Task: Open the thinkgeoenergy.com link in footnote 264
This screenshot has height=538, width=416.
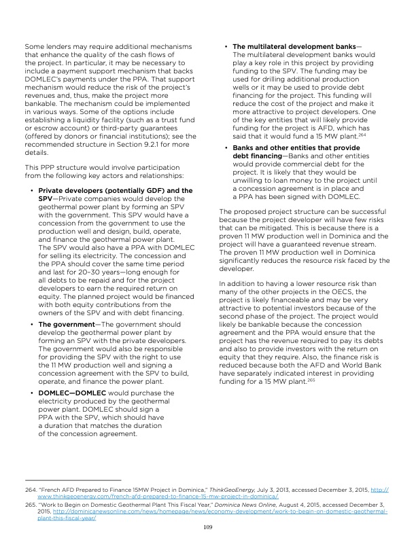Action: tap(109, 496)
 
